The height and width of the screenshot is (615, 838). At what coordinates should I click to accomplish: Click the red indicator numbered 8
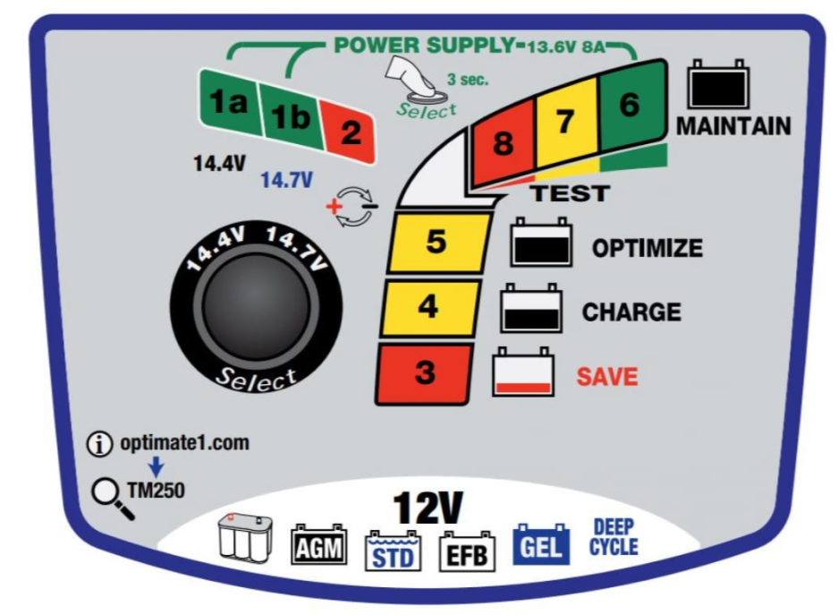[x=504, y=143]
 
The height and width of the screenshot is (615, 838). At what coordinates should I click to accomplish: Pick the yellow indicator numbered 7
[x=564, y=123]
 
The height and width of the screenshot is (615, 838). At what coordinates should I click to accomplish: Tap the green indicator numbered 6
[x=629, y=104]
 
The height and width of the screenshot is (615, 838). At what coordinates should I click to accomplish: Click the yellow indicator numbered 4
[x=427, y=307]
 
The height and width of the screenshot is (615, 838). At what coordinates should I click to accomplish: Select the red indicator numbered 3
[x=425, y=372]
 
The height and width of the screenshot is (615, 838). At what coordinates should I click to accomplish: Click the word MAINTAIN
[x=733, y=127]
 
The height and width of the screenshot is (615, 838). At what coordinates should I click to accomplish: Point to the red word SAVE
[x=606, y=377]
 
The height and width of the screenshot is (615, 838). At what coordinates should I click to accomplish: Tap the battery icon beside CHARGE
[x=531, y=311]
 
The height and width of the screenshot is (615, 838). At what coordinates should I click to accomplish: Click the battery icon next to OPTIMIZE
[x=541, y=244]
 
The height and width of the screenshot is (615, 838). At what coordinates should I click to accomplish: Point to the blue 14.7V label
[x=286, y=180]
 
